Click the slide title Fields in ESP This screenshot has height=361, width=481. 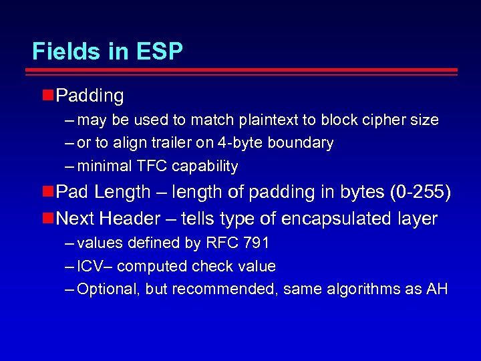click(x=108, y=51)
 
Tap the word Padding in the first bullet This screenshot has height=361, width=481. click(x=90, y=96)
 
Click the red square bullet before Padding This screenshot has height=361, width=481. click(x=47, y=96)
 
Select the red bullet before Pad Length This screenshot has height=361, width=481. click(x=47, y=192)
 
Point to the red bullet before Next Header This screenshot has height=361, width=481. click(x=47, y=218)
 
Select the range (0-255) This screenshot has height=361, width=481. click(x=420, y=193)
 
